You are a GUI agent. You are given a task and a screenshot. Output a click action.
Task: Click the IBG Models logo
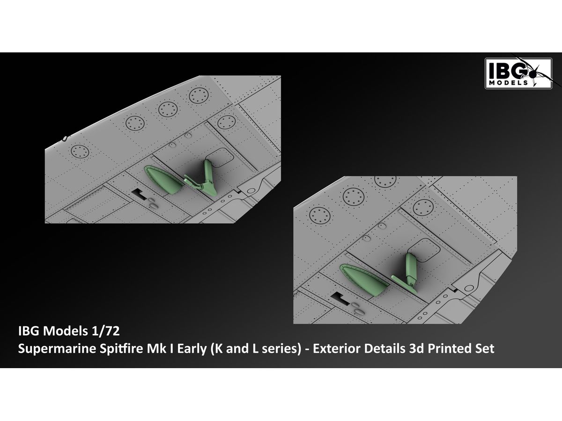click(x=518, y=73)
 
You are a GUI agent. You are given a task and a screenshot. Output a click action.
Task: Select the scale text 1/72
click(x=105, y=331)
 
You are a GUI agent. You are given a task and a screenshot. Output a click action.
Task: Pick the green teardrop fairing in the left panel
click(x=164, y=180)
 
